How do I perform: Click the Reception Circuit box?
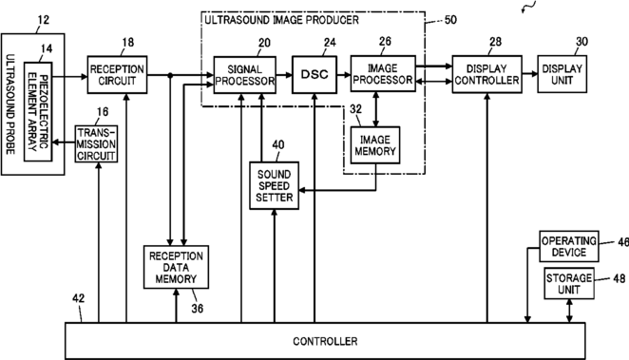pyautogui.click(x=117, y=75)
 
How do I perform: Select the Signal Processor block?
pyautogui.click(x=245, y=75)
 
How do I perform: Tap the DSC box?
pyautogui.click(x=314, y=75)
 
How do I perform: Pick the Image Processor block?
pyautogui.click(x=383, y=74)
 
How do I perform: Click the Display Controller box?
pyautogui.click(x=487, y=74)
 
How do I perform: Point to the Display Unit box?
pyautogui.click(x=562, y=74)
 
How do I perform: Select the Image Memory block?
pyautogui.click(x=375, y=145)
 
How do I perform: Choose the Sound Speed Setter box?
pyautogui.click(x=274, y=185)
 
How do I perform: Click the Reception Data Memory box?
pyautogui.click(x=176, y=267)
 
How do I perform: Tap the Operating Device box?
pyautogui.click(x=569, y=246)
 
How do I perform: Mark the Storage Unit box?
pyautogui.click(x=569, y=283)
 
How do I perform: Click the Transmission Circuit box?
pyautogui.click(x=96, y=144)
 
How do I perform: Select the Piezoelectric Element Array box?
pyautogui.click(x=38, y=112)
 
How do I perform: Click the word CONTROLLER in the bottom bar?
pyautogui.click(x=325, y=341)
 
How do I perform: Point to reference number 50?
pyautogui.click(x=450, y=20)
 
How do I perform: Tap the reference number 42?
pyautogui.click(x=79, y=298)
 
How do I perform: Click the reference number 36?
pyautogui.click(x=197, y=309)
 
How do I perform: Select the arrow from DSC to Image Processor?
pyautogui.click(x=344, y=75)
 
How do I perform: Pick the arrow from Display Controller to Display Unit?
pyautogui.click(x=530, y=74)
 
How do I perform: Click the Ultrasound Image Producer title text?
pyautogui.click(x=281, y=20)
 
